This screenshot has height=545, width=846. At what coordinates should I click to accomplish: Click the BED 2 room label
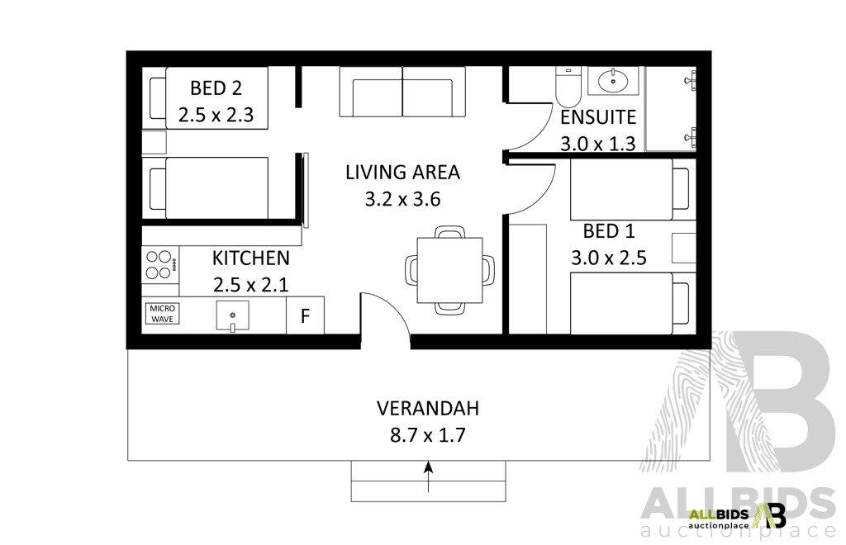[217, 88]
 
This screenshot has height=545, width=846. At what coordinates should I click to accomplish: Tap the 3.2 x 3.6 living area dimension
[402, 199]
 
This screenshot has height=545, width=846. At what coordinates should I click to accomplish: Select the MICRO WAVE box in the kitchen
[163, 314]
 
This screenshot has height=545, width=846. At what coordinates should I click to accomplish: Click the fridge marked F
[305, 315]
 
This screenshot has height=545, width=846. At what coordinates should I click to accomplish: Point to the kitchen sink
[234, 315]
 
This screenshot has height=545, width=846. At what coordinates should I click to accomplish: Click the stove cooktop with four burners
[159, 263]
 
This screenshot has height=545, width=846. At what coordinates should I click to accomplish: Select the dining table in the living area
[449, 269]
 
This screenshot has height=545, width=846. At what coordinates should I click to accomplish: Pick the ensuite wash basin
[612, 81]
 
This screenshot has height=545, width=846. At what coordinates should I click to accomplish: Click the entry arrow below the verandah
[428, 476]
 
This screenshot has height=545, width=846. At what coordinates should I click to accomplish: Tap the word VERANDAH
[427, 408]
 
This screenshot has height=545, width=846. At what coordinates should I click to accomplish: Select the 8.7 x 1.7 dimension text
[427, 435]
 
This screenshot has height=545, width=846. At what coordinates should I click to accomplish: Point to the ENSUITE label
[597, 117]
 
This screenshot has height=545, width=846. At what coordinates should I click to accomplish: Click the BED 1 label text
[608, 230]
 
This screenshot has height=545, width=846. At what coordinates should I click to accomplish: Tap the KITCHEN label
[251, 258]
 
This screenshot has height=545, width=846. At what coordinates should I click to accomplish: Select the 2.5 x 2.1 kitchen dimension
[251, 285]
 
